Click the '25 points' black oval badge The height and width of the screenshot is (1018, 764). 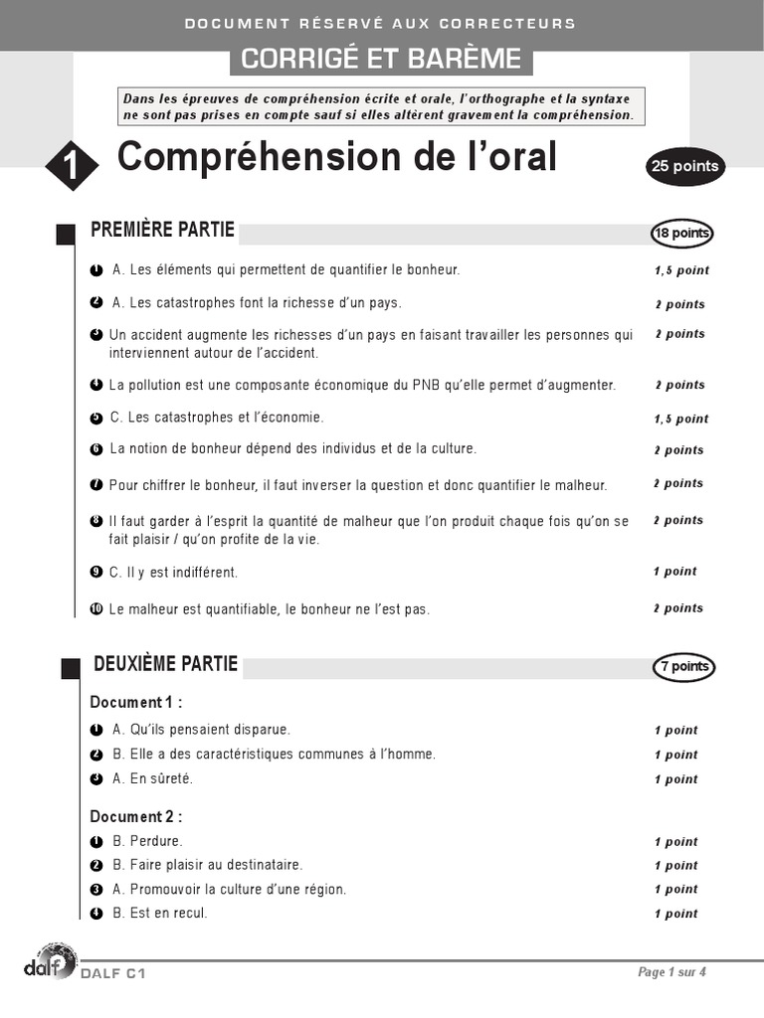[684, 167]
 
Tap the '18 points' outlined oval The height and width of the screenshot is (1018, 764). [681, 234]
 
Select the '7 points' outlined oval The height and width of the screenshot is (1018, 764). [683, 667]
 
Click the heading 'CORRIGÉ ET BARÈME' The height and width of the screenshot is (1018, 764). [381, 60]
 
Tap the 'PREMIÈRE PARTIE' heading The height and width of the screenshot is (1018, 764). [163, 231]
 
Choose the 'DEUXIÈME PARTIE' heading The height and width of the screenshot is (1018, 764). [165, 663]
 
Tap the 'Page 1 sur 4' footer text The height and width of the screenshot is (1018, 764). [671, 972]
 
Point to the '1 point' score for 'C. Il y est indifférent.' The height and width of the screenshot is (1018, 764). [675, 572]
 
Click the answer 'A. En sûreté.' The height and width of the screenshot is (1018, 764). [152, 779]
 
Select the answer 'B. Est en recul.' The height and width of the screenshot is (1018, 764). [160, 914]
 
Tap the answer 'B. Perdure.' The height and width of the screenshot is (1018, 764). [147, 841]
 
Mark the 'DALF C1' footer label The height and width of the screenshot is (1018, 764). [113, 974]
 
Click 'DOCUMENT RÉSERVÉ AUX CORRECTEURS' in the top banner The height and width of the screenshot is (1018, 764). [381, 23]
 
